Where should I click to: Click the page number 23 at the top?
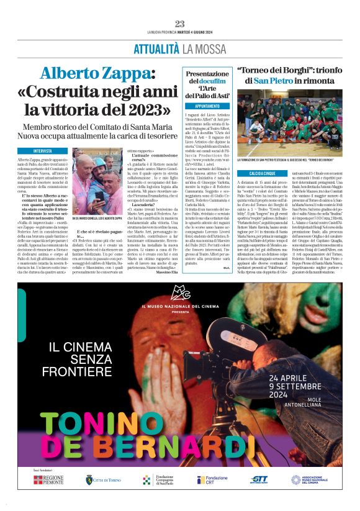180,24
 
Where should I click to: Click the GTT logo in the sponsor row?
259,480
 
